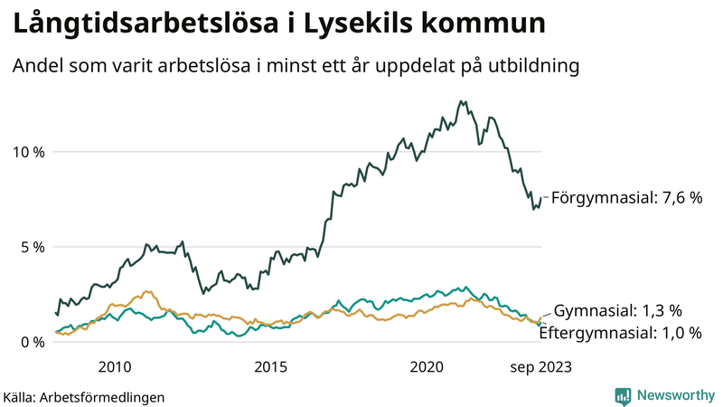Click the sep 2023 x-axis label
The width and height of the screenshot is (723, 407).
coord(540,366)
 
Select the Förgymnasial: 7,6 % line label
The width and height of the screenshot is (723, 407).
coord(626,197)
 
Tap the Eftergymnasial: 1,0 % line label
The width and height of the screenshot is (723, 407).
coord(620,333)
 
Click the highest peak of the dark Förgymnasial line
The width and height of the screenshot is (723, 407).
coord(462,101)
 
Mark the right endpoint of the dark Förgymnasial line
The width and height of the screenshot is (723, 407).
coord(541,198)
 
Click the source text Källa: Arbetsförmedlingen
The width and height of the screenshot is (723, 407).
coord(84,396)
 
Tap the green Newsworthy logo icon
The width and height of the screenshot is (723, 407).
coord(623,395)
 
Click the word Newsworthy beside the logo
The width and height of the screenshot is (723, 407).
coord(675,395)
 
